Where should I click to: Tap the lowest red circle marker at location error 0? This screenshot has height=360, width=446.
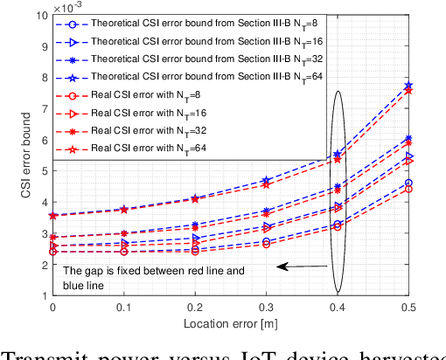click(52, 252)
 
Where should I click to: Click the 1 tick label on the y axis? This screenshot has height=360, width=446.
click(42, 296)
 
